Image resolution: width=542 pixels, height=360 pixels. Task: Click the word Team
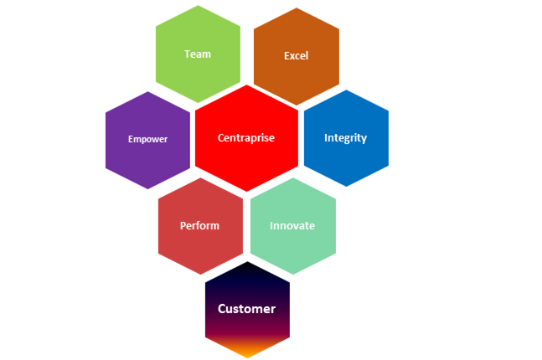tap(198, 54)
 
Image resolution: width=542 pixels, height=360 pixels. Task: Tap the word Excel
tap(296, 56)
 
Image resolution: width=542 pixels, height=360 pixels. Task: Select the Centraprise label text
tap(245, 138)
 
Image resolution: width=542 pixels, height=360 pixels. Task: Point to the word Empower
tap(147, 139)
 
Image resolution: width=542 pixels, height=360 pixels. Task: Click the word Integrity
tap(345, 138)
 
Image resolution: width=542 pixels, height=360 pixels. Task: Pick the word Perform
tap(199, 226)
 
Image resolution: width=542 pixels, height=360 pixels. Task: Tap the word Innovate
tap(292, 226)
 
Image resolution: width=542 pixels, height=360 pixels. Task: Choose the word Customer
tap(246, 309)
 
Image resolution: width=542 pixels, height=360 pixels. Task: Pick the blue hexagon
tap(345, 159)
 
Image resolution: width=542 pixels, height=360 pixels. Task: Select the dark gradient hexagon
tap(246, 289)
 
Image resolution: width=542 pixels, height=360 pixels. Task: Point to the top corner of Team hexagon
tap(198, 6)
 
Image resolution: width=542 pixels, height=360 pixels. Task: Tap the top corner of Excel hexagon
tap(296, 8)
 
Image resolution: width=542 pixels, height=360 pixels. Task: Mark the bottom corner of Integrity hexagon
tap(345, 186)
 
